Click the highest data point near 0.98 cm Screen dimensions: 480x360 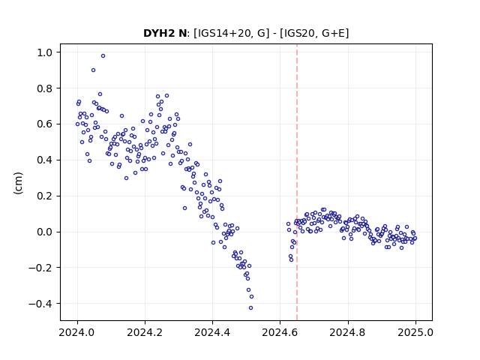click(x=103, y=55)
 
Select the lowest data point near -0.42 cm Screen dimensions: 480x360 click(x=250, y=308)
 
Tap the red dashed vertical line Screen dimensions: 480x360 click(x=297, y=182)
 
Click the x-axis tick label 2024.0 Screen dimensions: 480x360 click(x=77, y=332)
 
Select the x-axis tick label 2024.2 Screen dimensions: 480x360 click(x=145, y=332)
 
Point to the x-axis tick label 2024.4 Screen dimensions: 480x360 click(x=212, y=332)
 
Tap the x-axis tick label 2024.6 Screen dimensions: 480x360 click(x=280, y=332)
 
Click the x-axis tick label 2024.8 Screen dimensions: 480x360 click(x=347, y=332)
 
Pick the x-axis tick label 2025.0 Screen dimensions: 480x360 click(x=415, y=332)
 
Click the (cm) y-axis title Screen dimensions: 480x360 click(x=18, y=183)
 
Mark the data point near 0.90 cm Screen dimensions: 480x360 click(x=93, y=70)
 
